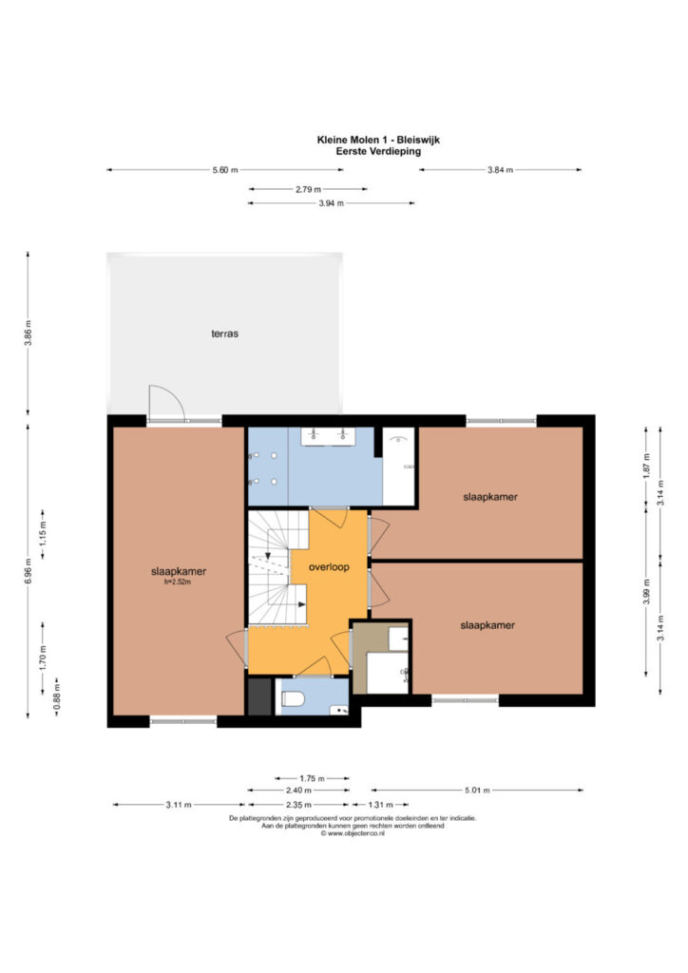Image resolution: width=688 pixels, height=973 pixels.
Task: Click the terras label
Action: click(224, 334)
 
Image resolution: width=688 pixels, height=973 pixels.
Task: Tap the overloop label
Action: click(329, 567)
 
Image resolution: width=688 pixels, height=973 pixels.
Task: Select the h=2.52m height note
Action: click(178, 582)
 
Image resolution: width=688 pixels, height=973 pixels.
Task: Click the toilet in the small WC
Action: click(292, 699)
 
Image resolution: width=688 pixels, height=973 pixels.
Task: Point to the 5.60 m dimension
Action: click(225, 170)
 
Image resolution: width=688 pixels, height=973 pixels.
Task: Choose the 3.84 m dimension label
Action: click(500, 170)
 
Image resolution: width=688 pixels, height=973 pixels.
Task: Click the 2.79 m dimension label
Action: click(308, 189)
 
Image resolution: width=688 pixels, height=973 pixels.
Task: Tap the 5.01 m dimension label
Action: click(477, 790)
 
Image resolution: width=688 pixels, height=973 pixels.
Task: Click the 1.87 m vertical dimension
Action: click(646, 466)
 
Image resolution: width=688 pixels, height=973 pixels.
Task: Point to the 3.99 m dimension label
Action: click(646, 591)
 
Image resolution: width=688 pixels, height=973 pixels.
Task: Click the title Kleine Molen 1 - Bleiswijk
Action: click(378, 141)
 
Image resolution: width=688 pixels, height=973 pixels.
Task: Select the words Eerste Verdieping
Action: click(378, 151)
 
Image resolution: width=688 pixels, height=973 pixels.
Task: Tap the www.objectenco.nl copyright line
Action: click(353, 834)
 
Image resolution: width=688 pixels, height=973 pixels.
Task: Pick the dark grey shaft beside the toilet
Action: click(260, 696)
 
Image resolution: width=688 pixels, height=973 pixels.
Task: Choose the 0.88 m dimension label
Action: click(57, 696)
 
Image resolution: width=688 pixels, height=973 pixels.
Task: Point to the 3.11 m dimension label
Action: click(179, 805)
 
